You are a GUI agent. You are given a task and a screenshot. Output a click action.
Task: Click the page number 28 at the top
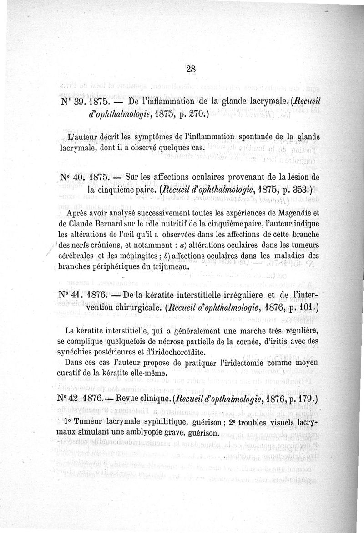point(191,69)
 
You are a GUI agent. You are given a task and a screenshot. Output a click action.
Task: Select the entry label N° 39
point(71,102)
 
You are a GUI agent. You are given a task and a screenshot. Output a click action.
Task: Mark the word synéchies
point(78,352)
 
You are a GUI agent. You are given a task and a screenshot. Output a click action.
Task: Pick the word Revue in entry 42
point(131,399)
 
